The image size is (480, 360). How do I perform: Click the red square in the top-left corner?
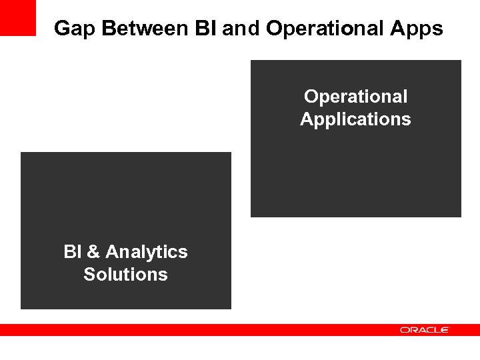pos(17,18)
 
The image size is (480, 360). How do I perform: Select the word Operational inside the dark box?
pos(355,97)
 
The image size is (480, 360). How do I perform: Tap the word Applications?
pos(355,119)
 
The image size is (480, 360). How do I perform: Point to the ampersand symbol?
pos(93,252)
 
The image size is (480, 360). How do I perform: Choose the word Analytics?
pos(147,252)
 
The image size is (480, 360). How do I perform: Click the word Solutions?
pos(125,275)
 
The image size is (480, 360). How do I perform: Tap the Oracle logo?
pos(425,330)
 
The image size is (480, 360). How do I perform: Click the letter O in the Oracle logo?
pos(404,330)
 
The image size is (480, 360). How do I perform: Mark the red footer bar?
pos(200,330)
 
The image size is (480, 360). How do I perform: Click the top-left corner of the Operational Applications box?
pos(251,61)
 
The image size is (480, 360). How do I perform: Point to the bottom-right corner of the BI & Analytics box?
pos(230,308)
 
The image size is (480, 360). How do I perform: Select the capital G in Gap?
pos(61,29)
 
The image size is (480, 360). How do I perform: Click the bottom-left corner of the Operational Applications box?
pos(251,216)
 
